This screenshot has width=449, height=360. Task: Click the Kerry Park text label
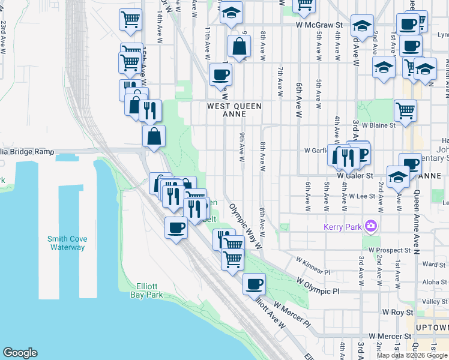(x=342, y=227)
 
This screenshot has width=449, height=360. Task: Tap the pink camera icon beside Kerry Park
(x=371, y=226)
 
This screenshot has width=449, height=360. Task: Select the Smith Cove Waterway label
(x=67, y=243)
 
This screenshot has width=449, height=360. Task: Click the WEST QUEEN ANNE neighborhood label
(x=234, y=106)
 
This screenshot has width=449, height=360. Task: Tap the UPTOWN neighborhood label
(x=433, y=328)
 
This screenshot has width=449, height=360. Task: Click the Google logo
(x=20, y=353)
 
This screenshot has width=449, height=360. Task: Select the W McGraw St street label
(x=319, y=25)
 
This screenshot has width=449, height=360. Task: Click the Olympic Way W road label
(x=247, y=226)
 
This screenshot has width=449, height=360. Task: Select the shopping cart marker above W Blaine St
(x=405, y=109)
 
